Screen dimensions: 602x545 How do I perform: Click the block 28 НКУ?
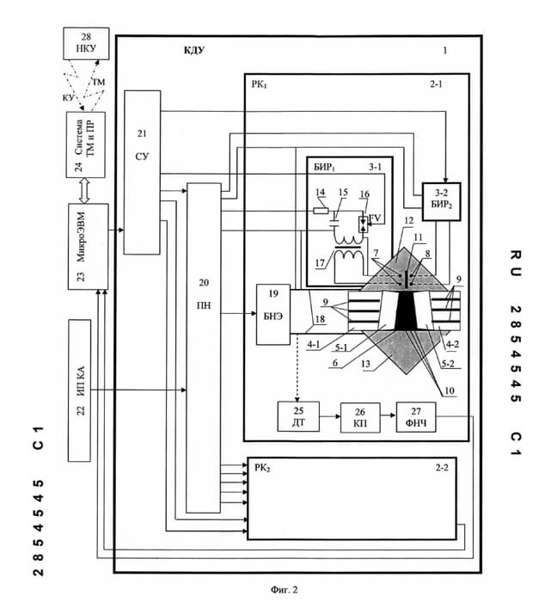(x=86, y=44)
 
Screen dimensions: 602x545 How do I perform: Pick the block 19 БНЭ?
(x=271, y=312)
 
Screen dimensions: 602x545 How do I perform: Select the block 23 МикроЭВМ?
(x=88, y=246)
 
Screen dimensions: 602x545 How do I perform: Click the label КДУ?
(x=193, y=52)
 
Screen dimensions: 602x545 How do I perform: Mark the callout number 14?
(x=320, y=192)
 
